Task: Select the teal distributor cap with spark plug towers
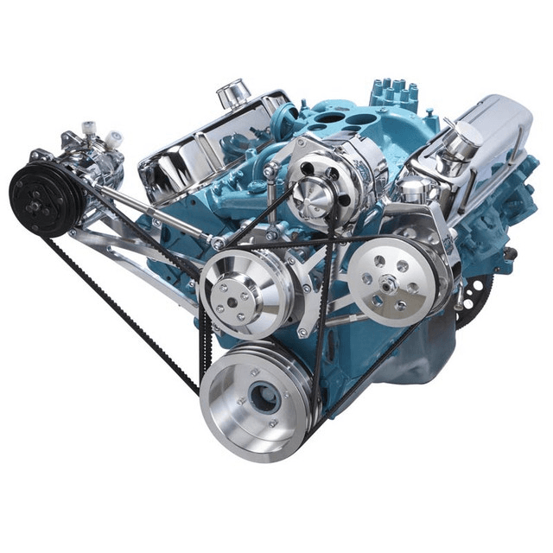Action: (x=394, y=94)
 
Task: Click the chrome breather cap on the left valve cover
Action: (x=233, y=91)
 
